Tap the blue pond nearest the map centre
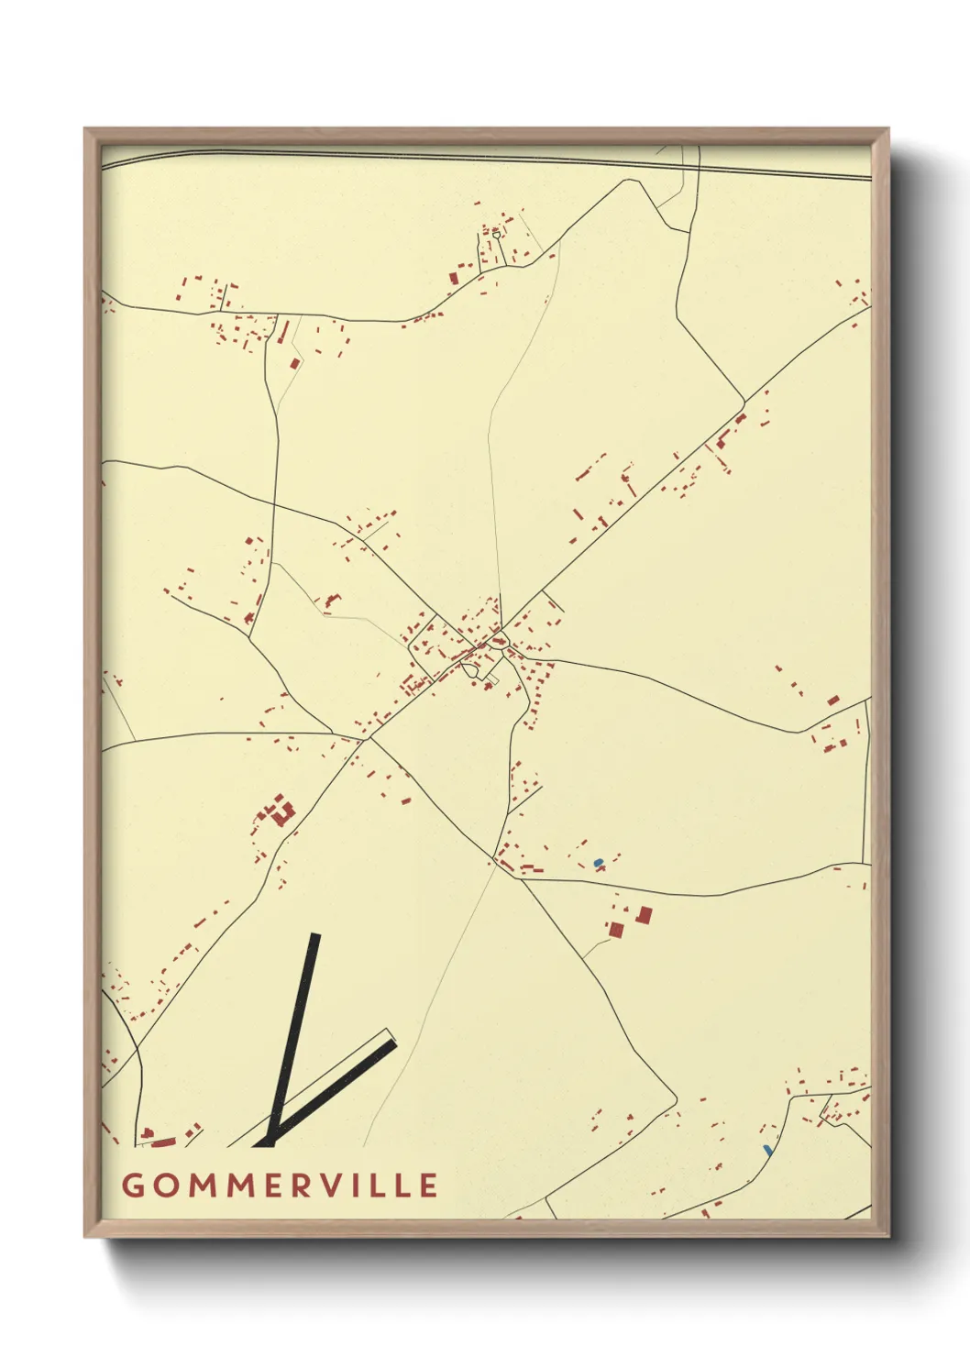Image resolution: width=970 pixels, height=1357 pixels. [x=599, y=862]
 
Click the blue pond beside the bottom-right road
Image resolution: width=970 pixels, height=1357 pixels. [x=767, y=1149]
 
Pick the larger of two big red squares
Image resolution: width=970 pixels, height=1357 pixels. [x=645, y=915]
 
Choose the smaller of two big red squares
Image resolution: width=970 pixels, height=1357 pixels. [x=616, y=930]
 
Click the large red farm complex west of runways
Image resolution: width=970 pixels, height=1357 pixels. [x=279, y=812]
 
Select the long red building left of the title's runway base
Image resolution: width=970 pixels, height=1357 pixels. [x=163, y=1142]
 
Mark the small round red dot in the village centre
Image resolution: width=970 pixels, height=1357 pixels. [x=498, y=639]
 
